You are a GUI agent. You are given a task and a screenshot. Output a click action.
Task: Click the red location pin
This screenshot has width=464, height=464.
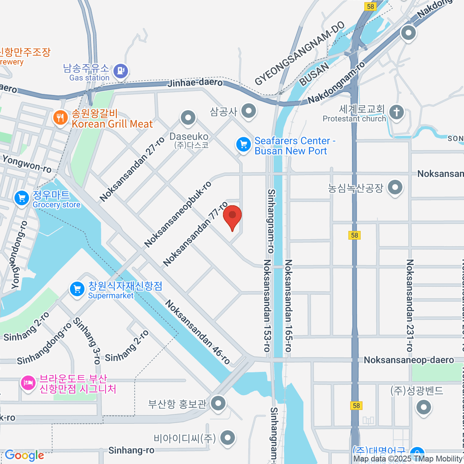point(232,216)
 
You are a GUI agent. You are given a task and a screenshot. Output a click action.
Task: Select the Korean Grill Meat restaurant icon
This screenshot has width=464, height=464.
point(60,118)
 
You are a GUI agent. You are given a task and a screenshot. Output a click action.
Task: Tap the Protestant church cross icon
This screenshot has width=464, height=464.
point(396,113)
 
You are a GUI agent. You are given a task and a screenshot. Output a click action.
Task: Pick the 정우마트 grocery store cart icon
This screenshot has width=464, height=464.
point(22,199)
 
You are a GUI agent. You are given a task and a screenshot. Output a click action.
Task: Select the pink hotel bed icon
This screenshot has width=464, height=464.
point(27,383)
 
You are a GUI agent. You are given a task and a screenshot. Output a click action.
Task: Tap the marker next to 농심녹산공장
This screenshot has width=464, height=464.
point(395,188)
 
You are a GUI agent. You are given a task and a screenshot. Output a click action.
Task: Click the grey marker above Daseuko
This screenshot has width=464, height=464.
point(188,118)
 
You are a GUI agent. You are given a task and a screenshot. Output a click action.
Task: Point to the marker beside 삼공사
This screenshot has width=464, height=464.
point(249,111)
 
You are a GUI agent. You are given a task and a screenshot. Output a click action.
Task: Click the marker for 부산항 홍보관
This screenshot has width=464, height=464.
point(219,403)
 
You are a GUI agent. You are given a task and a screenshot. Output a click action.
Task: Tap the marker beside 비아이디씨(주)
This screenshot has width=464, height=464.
point(227,438)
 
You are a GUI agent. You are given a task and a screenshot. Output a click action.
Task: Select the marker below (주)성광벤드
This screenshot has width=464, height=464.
point(424,407)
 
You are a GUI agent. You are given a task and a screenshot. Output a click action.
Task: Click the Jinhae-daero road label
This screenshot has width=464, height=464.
point(195,82)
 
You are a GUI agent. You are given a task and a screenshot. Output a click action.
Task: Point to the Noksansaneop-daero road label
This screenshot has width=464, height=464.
point(409,360)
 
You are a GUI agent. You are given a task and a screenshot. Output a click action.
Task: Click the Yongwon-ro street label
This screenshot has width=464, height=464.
point(27,164)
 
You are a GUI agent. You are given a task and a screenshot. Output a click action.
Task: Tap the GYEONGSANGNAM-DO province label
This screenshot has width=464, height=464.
point(300,53)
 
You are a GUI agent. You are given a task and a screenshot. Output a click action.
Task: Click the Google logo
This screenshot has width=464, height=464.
point(24,455)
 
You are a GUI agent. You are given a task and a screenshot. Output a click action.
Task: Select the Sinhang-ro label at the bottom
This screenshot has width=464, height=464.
point(131,450)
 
